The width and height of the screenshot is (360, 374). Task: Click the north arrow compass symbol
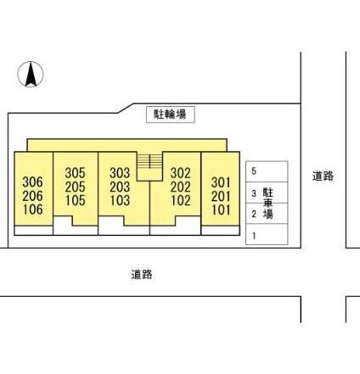click(x=31, y=74)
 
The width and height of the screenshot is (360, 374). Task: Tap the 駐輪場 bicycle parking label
click(x=171, y=114)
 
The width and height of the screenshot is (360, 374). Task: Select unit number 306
click(x=33, y=182)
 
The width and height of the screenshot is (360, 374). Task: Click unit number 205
click(x=76, y=187)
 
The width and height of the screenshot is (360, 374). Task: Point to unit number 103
click(x=120, y=200)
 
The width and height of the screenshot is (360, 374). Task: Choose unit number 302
click(x=181, y=173)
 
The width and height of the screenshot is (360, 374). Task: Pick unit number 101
click(x=221, y=209)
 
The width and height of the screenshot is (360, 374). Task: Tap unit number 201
click(x=221, y=196)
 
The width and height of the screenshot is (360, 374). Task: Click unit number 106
click(x=33, y=209)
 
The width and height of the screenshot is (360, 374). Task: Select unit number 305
click(x=76, y=173)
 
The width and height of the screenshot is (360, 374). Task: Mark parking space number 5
click(x=254, y=171)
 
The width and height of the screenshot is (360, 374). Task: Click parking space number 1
click(x=254, y=236)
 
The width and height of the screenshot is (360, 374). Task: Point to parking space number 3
click(x=254, y=193)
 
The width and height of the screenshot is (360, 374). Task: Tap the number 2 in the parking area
click(x=254, y=214)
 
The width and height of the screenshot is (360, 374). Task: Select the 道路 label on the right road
click(x=323, y=176)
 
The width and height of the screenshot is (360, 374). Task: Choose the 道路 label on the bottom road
click(x=142, y=274)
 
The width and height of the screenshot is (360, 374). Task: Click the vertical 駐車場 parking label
click(x=267, y=204)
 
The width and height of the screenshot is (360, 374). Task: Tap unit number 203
click(x=120, y=187)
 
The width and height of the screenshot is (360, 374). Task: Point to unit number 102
click(x=181, y=200)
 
